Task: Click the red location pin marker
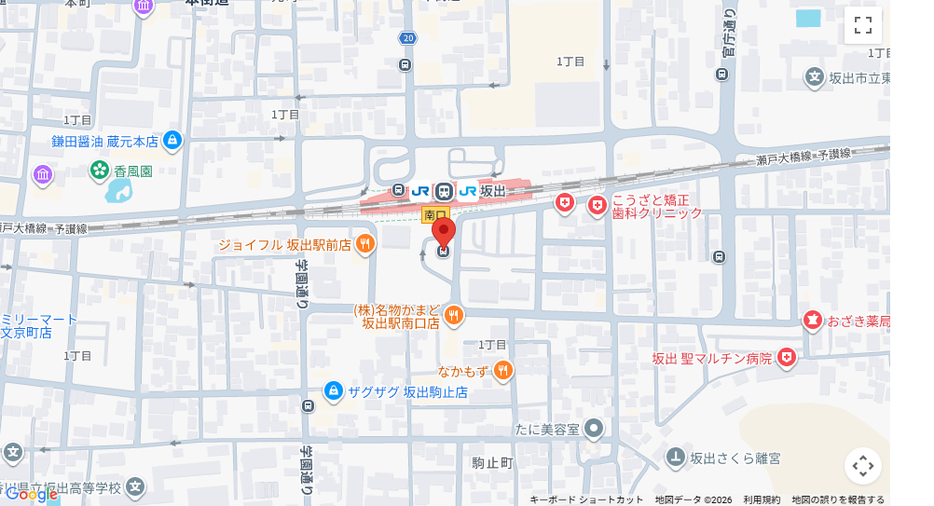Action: tap(444, 231)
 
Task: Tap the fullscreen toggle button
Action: tap(862, 26)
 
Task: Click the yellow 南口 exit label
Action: tap(435, 215)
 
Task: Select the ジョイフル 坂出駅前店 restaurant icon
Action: tap(365, 245)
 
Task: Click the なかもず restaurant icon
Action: tap(503, 371)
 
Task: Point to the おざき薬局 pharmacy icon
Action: tap(812, 321)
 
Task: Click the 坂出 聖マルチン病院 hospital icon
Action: tap(788, 358)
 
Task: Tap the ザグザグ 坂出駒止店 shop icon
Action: tap(334, 391)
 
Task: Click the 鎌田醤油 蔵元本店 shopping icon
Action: tap(172, 141)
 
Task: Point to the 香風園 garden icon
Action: tap(100, 171)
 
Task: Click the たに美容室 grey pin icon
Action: tap(594, 429)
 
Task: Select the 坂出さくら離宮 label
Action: tap(735, 458)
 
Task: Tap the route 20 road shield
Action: tap(407, 38)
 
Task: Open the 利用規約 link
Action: tap(762, 500)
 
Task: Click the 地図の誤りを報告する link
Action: tap(838, 500)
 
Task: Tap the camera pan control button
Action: tap(862, 466)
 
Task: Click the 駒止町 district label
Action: tap(492, 463)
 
